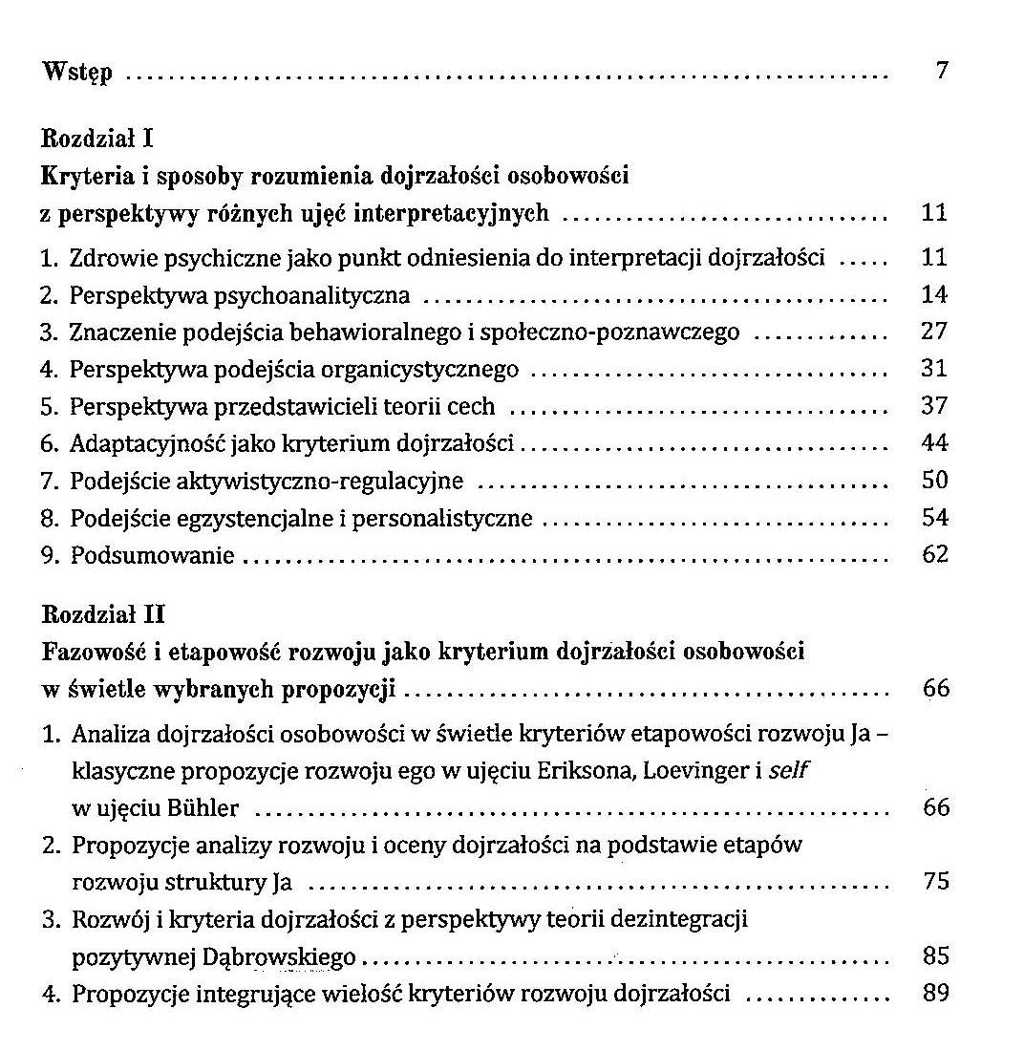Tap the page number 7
pyautogui.click(x=941, y=72)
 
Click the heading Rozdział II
pyautogui.click(x=103, y=616)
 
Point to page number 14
pyautogui.click(x=934, y=295)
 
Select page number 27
pyautogui.click(x=934, y=332)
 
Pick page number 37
pyautogui.click(x=934, y=405)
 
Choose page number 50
pyautogui.click(x=934, y=480)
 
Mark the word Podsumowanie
pyautogui.click(x=152, y=555)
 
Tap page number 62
pyautogui.click(x=934, y=554)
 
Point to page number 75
pyautogui.click(x=936, y=881)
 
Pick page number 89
pyautogui.click(x=936, y=993)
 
